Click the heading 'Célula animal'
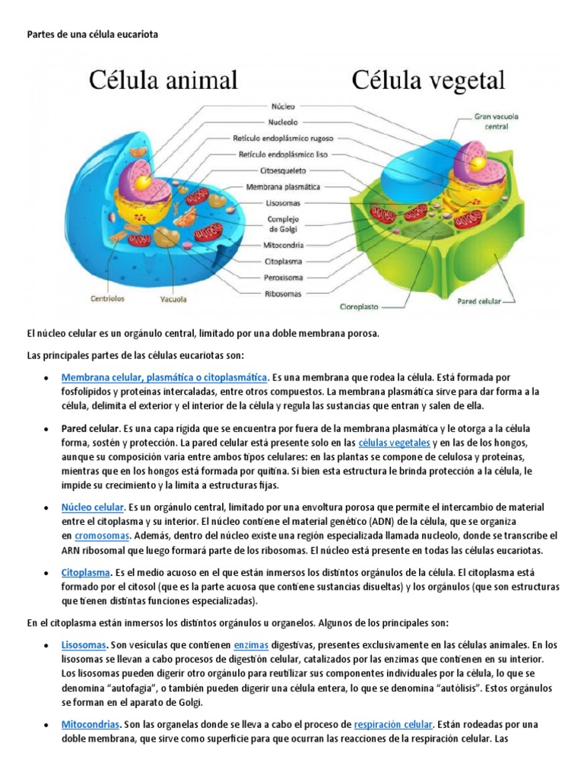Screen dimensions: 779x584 pos(164,80)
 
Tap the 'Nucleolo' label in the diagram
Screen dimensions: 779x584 pos(283,122)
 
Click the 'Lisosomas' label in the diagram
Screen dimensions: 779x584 pos(284,202)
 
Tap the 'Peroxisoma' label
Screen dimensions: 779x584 pos(284,277)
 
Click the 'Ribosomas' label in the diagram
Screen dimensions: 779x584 pos(284,293)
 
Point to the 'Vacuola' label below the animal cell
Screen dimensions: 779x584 pos(173,299)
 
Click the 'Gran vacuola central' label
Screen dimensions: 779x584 pos(490,122)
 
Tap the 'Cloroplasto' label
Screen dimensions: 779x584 pos(361,308)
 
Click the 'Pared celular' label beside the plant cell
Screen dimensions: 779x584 pos(478,300)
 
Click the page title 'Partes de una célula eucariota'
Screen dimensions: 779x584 pos(92,35)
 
